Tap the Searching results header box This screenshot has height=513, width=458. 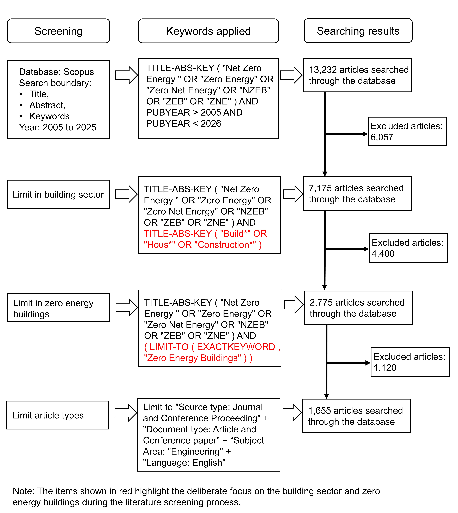click(358, 31)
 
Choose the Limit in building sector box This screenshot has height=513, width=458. click(58, 194)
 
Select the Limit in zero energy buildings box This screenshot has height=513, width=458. click(59, 307)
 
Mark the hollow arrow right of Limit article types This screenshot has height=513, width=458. click(126, 413)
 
